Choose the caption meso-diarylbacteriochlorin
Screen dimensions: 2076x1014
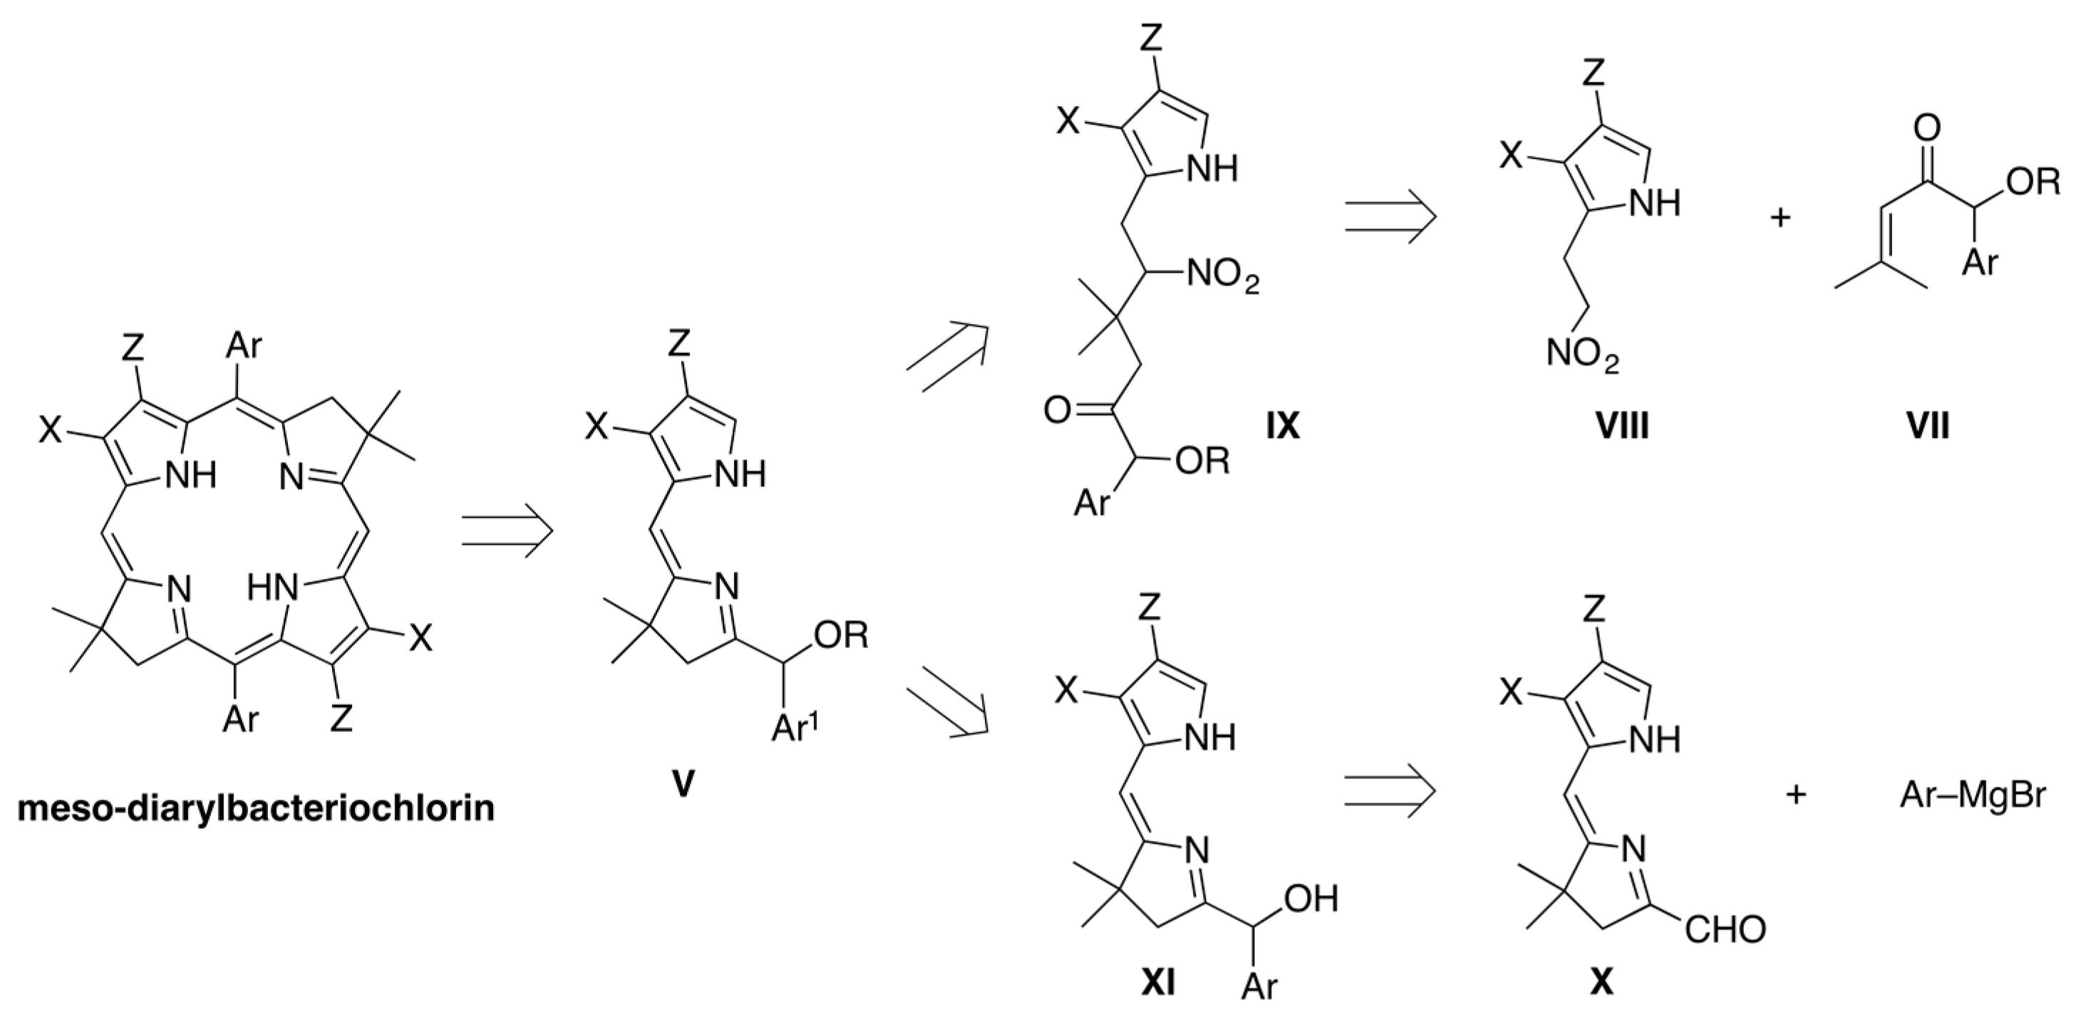click(257, 807)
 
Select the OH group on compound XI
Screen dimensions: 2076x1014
click(1311, 899)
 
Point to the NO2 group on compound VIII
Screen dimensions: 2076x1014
click(1583, 355)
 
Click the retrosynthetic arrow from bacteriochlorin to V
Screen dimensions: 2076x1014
click(507, 530)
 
